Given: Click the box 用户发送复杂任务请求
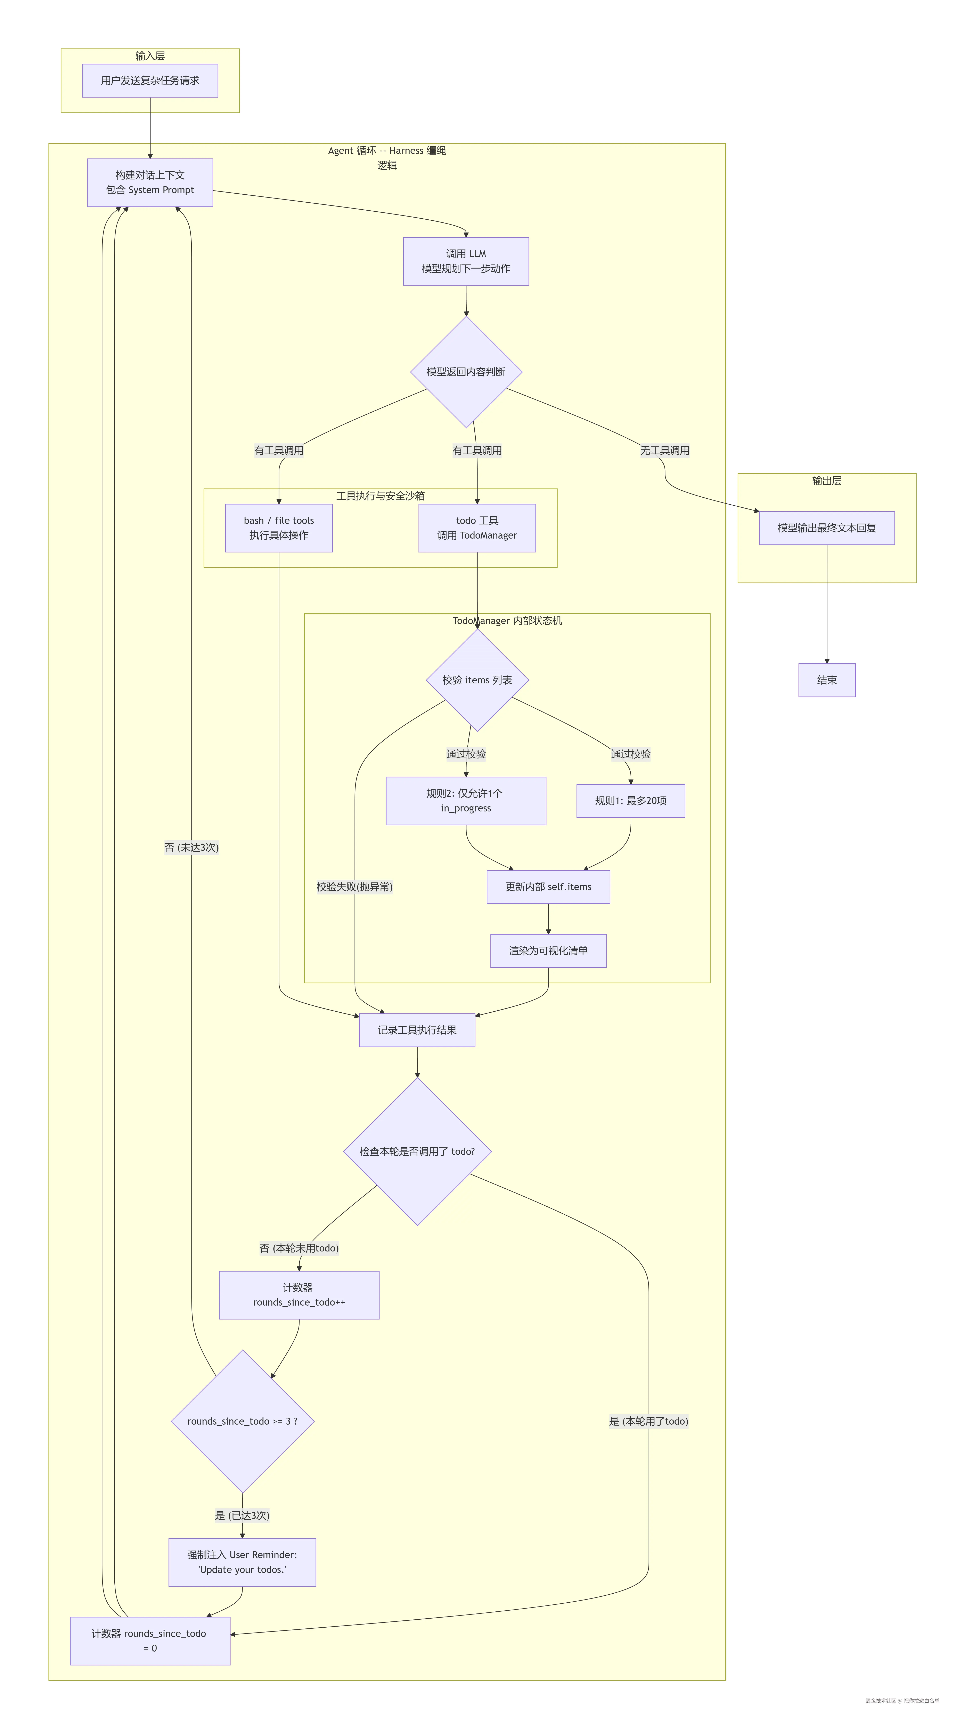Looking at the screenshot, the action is click(x=150, y=81).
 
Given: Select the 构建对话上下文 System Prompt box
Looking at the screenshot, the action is click(x=150, y=183).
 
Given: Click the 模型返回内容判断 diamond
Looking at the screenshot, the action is click(x=466, y=372).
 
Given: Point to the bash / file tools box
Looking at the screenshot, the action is click(x=279, y=528).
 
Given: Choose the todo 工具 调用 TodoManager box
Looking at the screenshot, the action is click(x=477, y=528).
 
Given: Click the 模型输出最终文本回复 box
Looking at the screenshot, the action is click(x=827, y=528).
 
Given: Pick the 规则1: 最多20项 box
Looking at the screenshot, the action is click(x=631, y=801).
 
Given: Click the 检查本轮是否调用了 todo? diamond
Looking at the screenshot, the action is click(x=417, y=1152).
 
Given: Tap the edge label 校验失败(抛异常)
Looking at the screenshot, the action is click(x=355, y=887).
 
